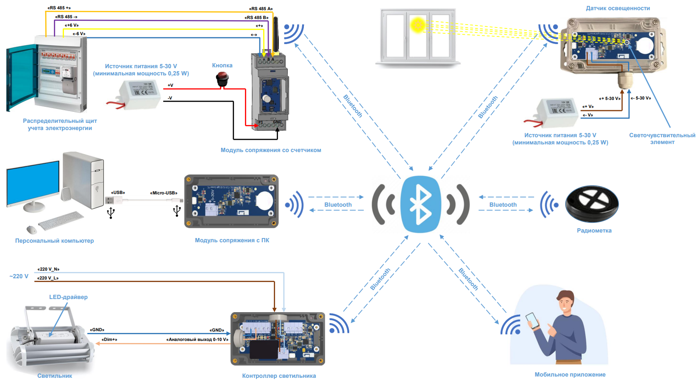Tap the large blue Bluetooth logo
point(421,205)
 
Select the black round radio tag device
point(592,204)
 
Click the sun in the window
point(418,25)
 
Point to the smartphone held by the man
point(533,321)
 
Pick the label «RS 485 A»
point(261,8)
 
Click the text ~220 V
point(19,276)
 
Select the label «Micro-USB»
point(164,193)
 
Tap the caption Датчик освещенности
point(617,8)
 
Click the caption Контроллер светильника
point(279,376)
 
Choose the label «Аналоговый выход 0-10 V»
point(197,339)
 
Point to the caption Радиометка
point(594,230)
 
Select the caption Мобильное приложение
point(570,374)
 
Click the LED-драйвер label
point(68,297)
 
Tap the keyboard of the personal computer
point(61,221)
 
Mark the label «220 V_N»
point(48,269)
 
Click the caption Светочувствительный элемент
point(662,138)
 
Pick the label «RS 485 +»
point(59,8)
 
